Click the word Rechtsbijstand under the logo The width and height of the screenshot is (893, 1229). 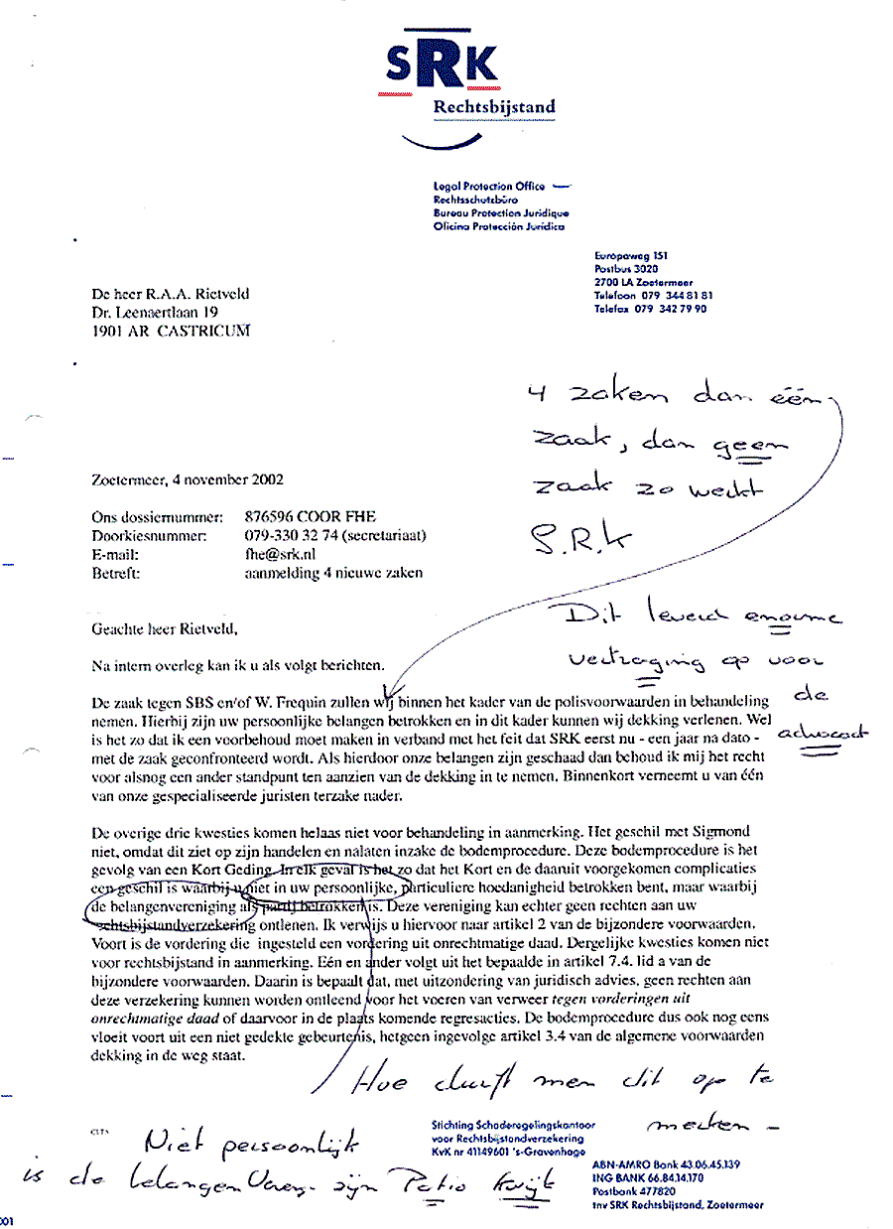(x=494, y=107)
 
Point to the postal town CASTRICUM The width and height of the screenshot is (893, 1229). (x=201, y=331)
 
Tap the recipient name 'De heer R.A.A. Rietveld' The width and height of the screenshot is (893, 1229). (x=169, y=295)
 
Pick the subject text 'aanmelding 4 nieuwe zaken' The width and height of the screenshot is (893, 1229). (x=332, y=573)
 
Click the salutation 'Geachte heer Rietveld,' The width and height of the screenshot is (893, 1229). (x=165, y=628)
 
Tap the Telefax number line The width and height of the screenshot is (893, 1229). (x=650, y=309)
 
